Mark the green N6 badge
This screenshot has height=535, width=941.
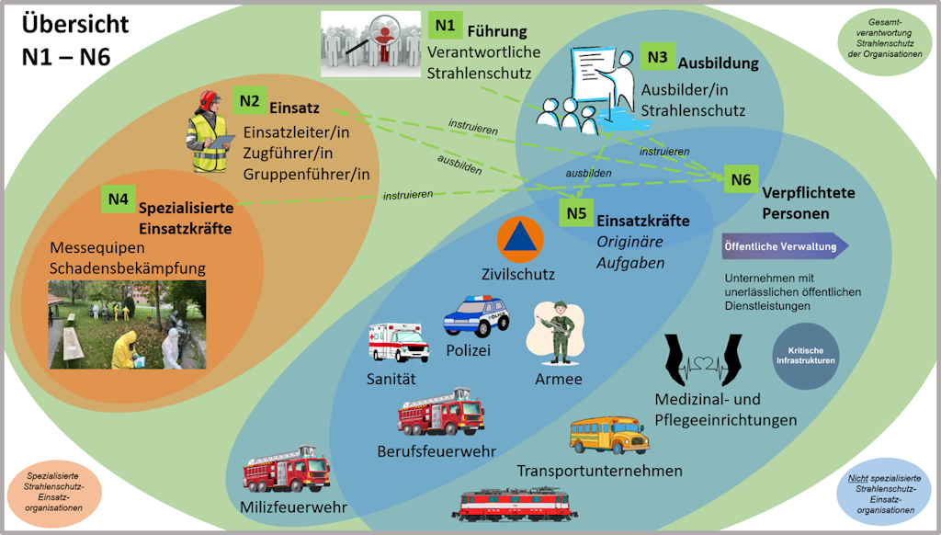(x=741, y=180)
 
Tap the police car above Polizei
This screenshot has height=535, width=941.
(x=475, y=316)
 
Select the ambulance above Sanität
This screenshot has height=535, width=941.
(x=397, y=342)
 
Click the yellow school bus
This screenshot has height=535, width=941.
(x=607, y=435)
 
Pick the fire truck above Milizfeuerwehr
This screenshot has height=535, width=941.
(x=286, y=471)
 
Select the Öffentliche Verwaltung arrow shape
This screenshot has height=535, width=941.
(x=784, y=246)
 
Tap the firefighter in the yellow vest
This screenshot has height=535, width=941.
(x=208, y=132)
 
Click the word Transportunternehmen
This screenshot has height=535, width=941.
(x=599, y=471)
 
